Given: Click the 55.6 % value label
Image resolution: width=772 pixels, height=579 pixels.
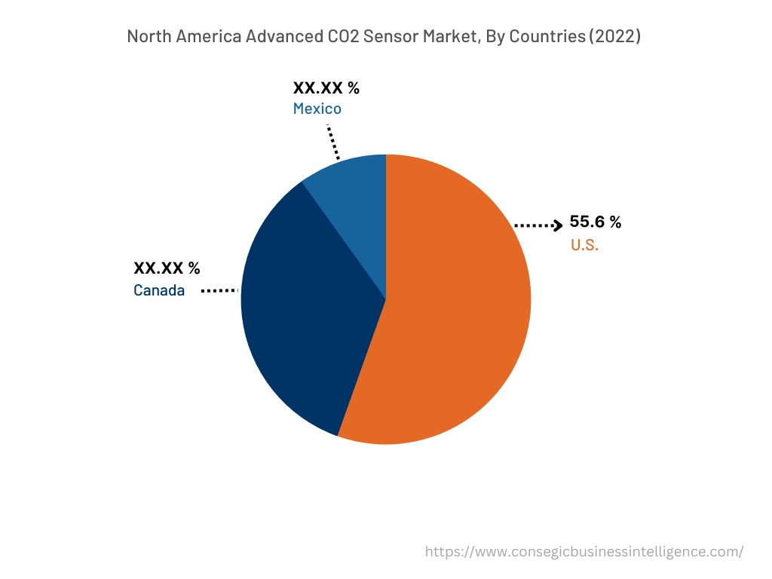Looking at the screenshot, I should tap(595, 222).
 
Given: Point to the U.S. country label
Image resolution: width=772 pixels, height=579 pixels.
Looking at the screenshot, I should tap(584, 245).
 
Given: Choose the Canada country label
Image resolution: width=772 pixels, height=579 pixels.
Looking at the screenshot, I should tap(159, 290).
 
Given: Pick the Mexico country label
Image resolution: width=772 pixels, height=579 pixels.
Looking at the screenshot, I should tap(317, 109).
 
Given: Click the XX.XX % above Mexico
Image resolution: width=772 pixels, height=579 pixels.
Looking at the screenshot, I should tap(326, 87).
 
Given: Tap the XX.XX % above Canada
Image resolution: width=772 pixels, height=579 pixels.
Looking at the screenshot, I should tap(167, 268).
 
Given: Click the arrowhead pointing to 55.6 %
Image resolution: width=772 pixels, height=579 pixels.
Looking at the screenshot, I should tap(559, 225).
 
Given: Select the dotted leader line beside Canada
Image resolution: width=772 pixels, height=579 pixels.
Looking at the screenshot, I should tap(219, 290).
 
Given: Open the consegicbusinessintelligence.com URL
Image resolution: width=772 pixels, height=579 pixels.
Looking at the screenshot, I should tap(584, 552).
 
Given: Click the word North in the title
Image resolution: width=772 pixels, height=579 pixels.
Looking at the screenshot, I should tap(149, 36).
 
